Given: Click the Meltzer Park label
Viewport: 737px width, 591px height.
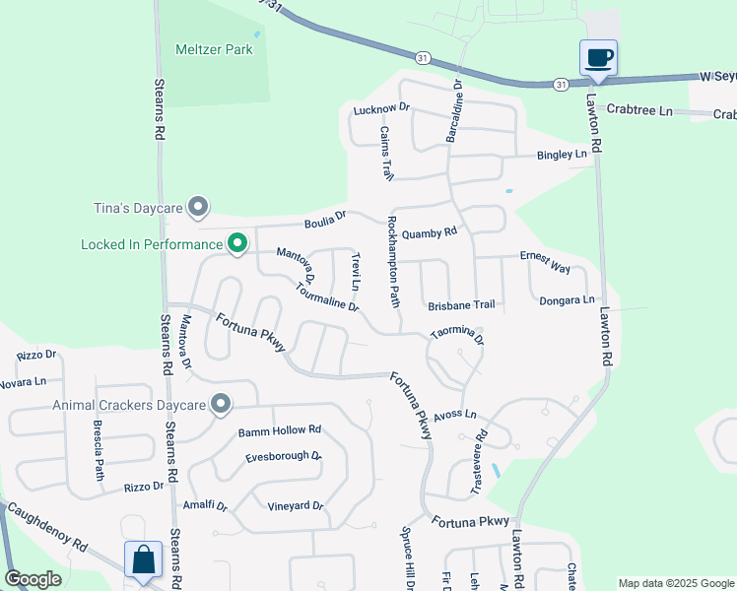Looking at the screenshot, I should (214, 49).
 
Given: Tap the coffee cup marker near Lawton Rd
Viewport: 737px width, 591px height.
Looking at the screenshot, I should (598, 57).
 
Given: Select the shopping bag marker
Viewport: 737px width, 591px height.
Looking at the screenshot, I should (143, 558).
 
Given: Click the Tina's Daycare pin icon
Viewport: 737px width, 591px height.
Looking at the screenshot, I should (199, 207).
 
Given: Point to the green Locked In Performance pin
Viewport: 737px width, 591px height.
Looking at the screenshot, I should (237, 243).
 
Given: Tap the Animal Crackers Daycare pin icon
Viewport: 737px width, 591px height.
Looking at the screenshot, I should (221, 404).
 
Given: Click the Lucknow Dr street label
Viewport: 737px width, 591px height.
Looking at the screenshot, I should (380, 109).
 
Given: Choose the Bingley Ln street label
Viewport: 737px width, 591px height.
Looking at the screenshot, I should (562, 155).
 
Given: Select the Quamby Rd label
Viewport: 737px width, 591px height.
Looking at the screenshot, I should (431, 233).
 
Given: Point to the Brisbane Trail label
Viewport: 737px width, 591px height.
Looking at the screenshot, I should (461, 305).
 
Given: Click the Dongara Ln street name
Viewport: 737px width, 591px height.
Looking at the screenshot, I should (568, 299).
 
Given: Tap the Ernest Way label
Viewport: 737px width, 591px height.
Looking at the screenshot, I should (546, 262).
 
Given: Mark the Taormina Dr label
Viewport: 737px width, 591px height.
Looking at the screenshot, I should (457, 336).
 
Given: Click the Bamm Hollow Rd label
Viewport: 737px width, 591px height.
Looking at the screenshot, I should (280, 430).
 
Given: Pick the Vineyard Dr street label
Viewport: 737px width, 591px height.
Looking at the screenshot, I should (296, 506).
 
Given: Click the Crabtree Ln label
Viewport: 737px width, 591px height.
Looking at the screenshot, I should (639, 110).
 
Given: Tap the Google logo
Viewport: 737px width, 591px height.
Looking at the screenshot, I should (33, 580).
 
